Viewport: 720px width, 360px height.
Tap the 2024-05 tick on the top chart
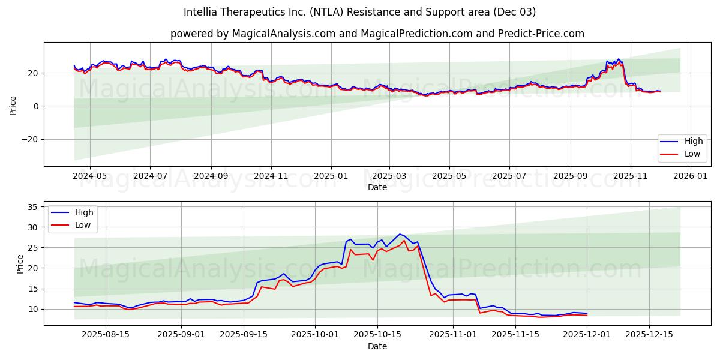coord(89,176)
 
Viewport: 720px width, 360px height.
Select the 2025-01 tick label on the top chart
coord(331,176)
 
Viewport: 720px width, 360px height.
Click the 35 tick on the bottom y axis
coord(33,207)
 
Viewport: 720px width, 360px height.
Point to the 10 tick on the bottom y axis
coord(33,309)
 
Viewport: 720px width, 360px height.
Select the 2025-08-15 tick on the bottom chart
coord(106,335)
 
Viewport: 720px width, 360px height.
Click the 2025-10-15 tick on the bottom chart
coord(377,335)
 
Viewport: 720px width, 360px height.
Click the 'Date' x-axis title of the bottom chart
coord(377,346)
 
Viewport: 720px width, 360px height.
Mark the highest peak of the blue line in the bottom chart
coord(400,234)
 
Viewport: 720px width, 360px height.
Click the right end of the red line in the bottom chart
coord(587,315)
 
